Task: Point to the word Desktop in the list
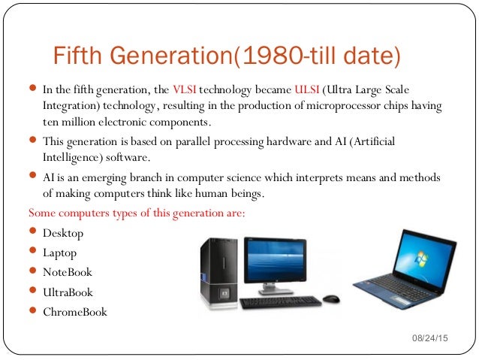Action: tap(63, 234)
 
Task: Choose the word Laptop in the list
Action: tap(60, 253)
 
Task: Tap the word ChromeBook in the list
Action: tap(75, 312)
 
